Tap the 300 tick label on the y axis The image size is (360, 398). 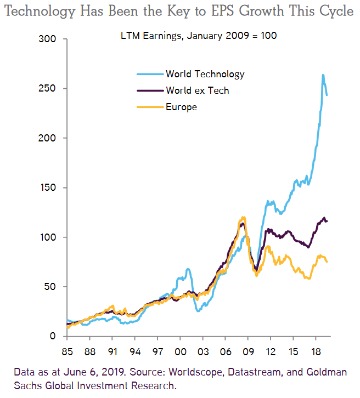tap(47, 39)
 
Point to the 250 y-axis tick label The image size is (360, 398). tap(47, 89)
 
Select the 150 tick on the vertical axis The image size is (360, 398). tap(47, 188)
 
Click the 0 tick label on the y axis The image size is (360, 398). tap(52, 337)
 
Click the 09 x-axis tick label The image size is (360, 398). tap(249, 350)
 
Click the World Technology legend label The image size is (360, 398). tap(205, 73)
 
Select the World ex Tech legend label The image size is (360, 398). tap(197, 90)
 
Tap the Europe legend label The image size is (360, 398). tap(181, 107)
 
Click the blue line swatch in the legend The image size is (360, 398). tap(150, 73)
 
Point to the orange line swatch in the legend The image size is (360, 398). tap(150, 107)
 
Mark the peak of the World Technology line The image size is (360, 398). tap(323, 75)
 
